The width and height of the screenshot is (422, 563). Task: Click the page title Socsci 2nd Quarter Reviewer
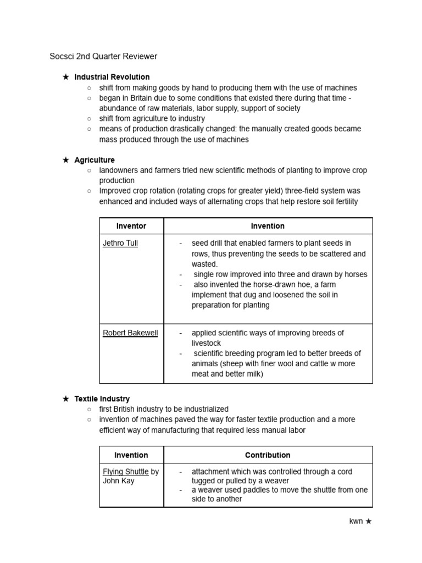coord(103,56)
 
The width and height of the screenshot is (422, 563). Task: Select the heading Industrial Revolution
coord(112,77)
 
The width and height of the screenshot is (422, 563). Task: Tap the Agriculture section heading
coord(95,160)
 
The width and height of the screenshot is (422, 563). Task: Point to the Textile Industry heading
coord(102,399)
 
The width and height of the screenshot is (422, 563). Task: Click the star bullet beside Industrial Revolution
coord(65,77)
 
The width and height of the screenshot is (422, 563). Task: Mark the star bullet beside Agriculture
coord(65,160)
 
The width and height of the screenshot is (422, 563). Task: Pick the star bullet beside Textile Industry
coord(65,399)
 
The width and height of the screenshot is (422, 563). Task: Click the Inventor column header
coord(131,226)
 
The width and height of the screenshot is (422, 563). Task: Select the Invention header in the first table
coord(268,226)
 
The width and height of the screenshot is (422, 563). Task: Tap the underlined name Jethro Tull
coord(120,243)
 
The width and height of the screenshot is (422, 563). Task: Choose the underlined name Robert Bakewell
coord(130,333)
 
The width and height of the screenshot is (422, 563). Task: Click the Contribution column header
coord(268,455)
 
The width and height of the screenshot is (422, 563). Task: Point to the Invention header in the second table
coord(131,455)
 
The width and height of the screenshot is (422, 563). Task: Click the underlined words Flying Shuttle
coord(126,472)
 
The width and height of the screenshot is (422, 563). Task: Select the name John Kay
coord(119,481)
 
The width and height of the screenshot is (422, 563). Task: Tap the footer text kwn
coord(356,521)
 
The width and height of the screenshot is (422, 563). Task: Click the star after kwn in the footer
coord(369,521)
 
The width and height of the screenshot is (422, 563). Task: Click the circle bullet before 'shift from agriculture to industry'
coord(89,118)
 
